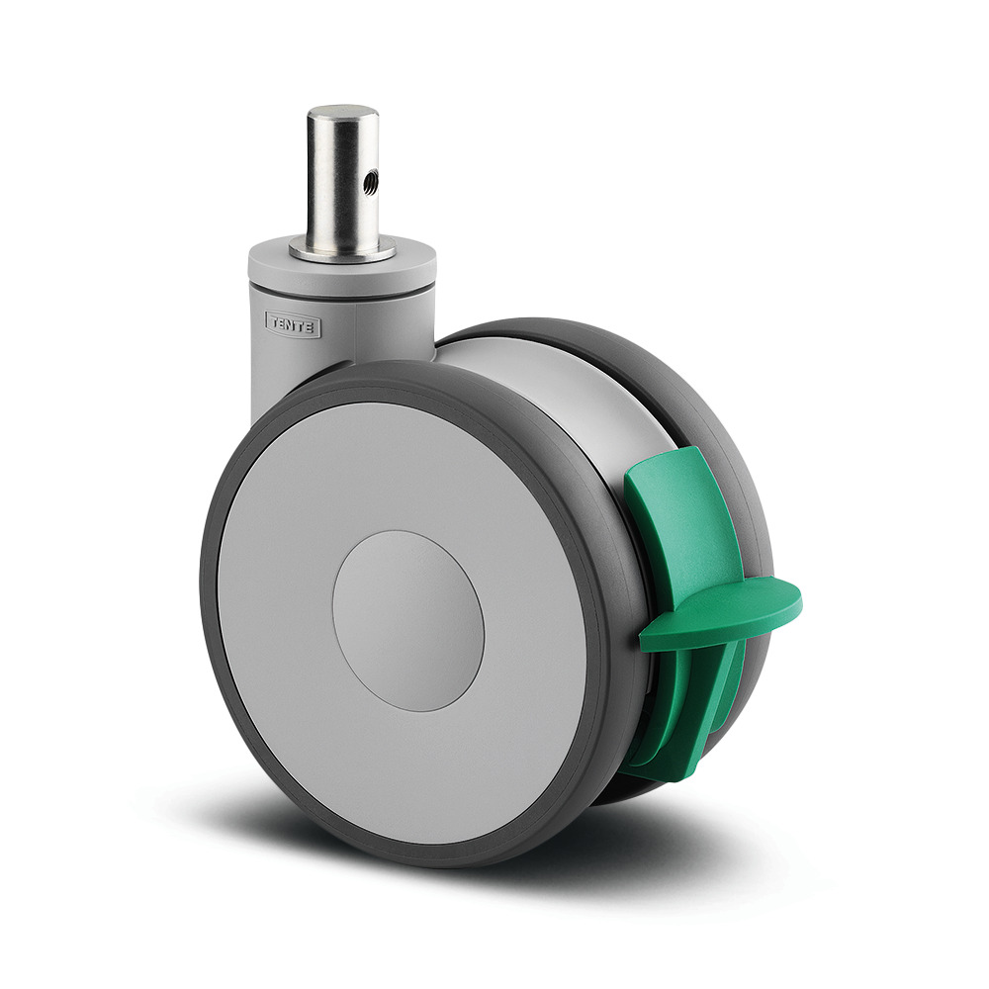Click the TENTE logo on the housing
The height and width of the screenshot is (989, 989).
tap(293, 324)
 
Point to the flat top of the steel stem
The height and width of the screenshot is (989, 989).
tap(343, 114)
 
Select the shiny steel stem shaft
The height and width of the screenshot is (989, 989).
tap(343, 180)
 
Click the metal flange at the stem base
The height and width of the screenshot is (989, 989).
tap(342, 250)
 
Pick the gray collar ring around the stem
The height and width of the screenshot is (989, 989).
tap(342, 265)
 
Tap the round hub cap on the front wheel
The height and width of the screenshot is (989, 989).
tap(408, 621)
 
